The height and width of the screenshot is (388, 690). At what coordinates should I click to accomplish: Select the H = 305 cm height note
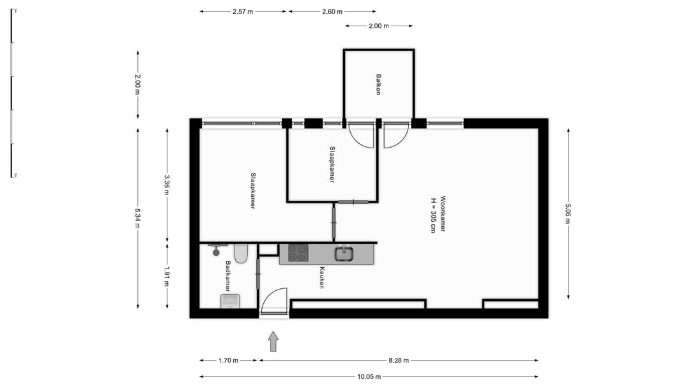tap(433, 213)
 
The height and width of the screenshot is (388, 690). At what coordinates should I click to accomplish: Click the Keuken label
tap(323, 277)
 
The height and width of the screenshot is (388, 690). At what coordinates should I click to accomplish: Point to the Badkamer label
tap(227, 276)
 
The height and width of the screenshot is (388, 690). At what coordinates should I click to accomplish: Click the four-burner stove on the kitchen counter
tap(298, 254)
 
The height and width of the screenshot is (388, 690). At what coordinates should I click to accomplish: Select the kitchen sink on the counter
tap(344, 254)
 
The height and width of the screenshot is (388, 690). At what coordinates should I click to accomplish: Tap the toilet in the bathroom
tap(241, 254)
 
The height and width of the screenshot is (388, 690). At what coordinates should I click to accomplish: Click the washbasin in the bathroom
tap(230, 301)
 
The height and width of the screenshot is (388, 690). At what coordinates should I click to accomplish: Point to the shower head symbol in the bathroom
tap(214, 247)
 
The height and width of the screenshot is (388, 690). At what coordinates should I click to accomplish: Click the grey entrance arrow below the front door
tap(273, 341)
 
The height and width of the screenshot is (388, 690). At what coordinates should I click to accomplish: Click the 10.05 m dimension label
tap(369, 376)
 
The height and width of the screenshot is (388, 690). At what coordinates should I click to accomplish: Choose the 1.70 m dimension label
tap(228, 361)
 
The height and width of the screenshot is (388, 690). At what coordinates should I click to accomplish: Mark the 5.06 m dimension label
tap(568, 213)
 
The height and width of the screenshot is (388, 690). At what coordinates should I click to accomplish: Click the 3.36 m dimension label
tap(167, 185)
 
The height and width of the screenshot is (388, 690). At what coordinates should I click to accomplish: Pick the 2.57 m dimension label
tap(243, 12)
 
